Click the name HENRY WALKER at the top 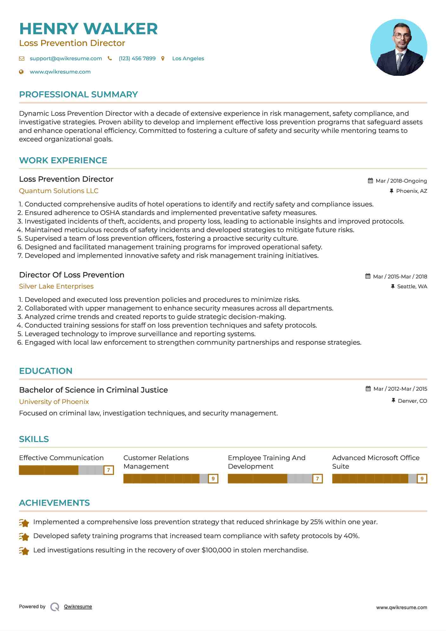(x=88, y=29)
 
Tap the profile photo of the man (x=398, y=48)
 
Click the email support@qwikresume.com (x=66, y=58)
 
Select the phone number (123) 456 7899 (x=137, y=58)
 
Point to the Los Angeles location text (x=188, y=58)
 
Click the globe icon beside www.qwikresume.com (x=21, y=72)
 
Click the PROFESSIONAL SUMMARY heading (x=78, y=94)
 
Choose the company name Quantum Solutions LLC (x=59, y=191)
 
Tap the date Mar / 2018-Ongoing (x=401, y=181)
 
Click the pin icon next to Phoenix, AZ (x=391, y=191)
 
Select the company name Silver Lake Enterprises (x=56, y=286)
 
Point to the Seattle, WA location (x=412, y=286)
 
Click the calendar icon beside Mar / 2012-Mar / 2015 (x=368, y=389)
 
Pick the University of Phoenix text (x=54, y=402)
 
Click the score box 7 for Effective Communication (x=108, y=470)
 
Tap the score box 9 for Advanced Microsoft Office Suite (x=422, y=478)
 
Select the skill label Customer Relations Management (x=156, y=462)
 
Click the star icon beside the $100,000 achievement (x=24, y=551)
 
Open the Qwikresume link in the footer (x=78, y=607)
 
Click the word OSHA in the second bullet (x=109, y=213)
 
